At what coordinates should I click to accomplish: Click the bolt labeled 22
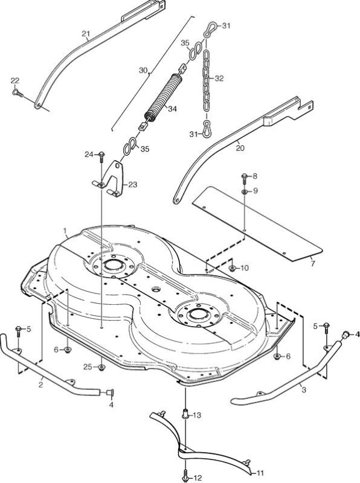(18, 92)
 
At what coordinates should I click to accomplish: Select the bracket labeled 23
(112, 179)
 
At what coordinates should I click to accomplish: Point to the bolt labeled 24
(101, 156)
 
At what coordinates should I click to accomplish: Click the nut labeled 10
(233, 268)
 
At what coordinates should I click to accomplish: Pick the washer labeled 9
(244, 192)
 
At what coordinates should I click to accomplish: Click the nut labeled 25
(101, 367)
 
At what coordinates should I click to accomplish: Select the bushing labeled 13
(186, 415)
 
